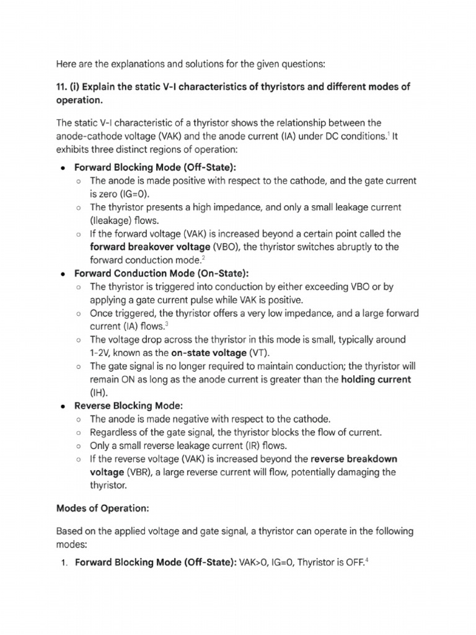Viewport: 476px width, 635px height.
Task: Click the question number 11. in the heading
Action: click(63, 87)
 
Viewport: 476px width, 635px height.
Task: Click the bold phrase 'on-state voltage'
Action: click(210, 353)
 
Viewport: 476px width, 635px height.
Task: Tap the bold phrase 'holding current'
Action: click(376, 379)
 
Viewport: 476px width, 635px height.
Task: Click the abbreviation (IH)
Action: click(100, 393)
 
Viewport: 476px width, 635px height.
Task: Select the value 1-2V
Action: click(102, 353)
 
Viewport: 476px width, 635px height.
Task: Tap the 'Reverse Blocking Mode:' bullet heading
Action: click(129, 406)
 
